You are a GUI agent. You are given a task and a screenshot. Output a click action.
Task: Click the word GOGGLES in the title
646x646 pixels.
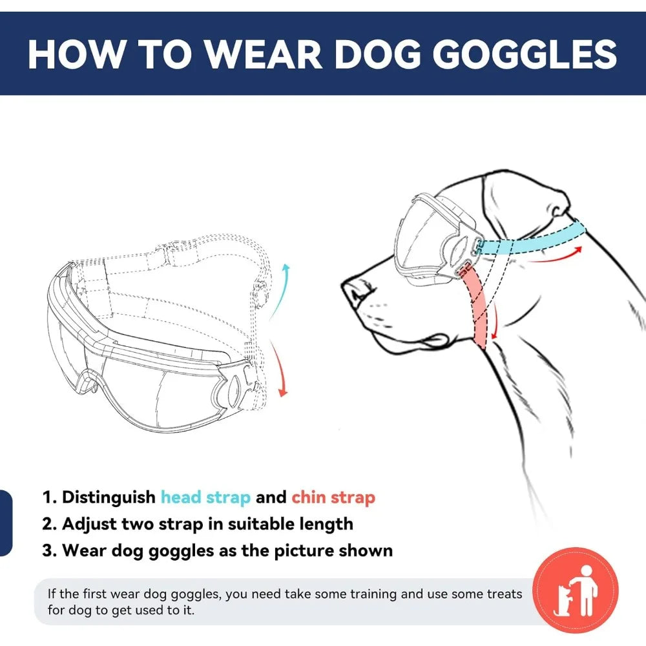tap(525, 55)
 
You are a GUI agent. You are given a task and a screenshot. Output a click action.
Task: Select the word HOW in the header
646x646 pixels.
tap(72, 55)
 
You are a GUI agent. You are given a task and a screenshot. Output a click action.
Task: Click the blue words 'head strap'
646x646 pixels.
tap(205, 497)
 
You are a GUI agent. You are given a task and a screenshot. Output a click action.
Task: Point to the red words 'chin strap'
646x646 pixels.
tap(333, 497)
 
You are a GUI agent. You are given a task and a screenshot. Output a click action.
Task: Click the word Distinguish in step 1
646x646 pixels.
tap(109, 497)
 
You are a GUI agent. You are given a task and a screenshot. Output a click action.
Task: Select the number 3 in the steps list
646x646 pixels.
tap(48, 551)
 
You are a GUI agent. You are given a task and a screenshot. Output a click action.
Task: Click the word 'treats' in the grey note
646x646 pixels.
tap(498, 594)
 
